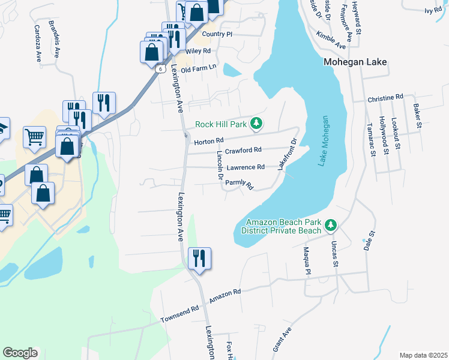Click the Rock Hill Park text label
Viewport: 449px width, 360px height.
221,125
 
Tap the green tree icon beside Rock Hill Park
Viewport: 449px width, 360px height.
256,124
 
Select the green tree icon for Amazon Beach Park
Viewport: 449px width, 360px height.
330,226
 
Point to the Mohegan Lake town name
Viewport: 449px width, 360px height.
355,62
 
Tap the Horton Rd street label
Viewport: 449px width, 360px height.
209,141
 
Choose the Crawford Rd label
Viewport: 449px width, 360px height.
244,150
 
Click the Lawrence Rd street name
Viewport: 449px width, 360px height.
247,167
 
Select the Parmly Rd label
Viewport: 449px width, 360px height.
240,185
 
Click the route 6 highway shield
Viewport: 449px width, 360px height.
160,68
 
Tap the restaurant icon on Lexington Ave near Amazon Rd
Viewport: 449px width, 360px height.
197,259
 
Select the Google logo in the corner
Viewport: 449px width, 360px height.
20,353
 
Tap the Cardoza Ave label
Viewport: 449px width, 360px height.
37,43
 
